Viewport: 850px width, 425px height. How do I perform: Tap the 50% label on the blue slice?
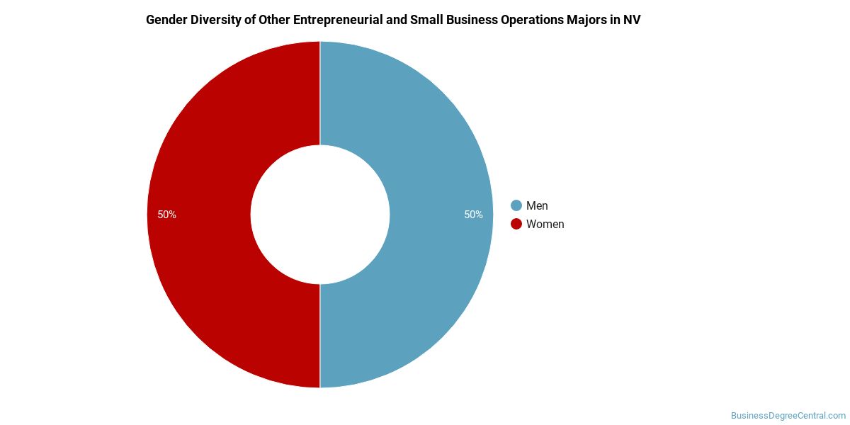point(473,215)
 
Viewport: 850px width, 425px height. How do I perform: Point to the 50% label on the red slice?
point(166,215)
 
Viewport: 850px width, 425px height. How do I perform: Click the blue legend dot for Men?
point(516,205)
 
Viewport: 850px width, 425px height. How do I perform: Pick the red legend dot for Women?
point(516,224)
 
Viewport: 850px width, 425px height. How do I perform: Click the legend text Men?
point(537,205)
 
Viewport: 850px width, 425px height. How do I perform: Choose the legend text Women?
point(545,224)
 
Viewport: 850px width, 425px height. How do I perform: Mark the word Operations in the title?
point(531,20)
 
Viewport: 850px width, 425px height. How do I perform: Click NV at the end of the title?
point(632,20)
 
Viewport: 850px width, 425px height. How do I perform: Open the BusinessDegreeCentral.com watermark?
point(788,415)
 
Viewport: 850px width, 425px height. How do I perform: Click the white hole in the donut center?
point(320,215)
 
